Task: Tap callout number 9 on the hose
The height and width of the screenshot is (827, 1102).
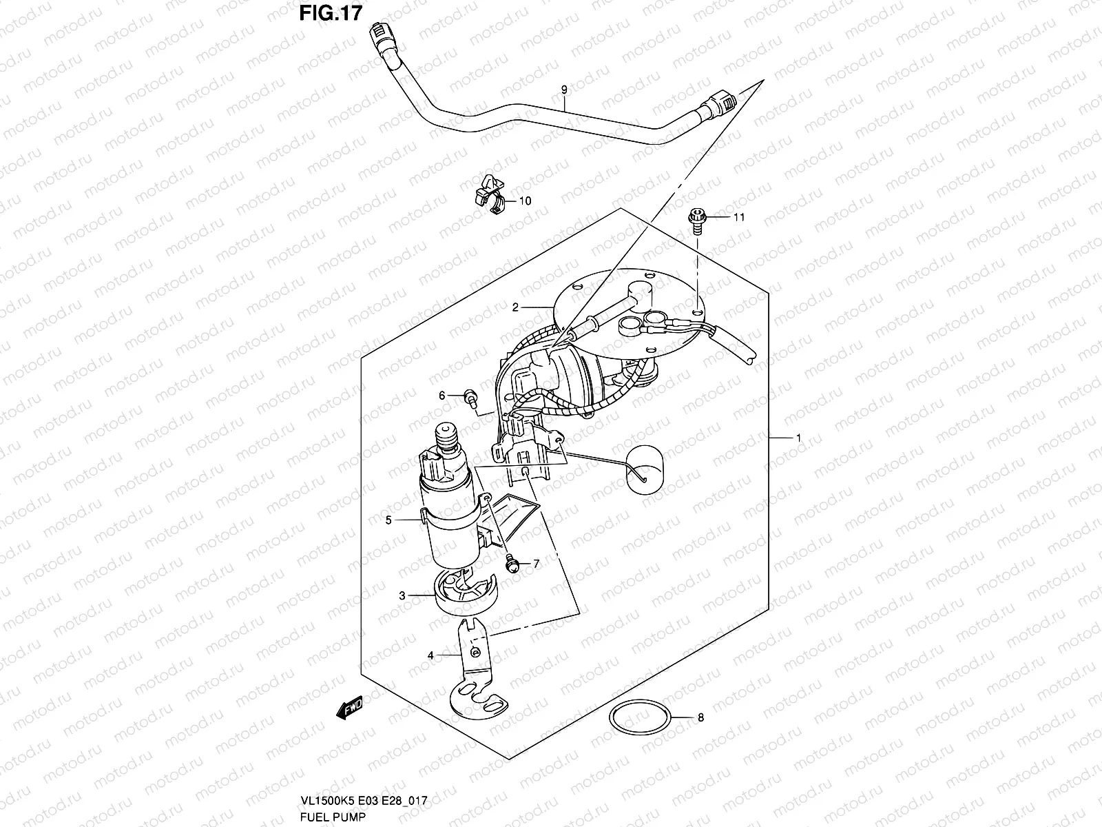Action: pos(564,90)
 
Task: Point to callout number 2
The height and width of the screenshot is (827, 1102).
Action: pos(514,308)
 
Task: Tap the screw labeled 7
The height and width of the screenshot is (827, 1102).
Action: pos(512,562)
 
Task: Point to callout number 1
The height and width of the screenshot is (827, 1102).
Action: pos(798,438)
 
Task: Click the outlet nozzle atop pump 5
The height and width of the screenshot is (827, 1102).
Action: pos(446,439)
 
